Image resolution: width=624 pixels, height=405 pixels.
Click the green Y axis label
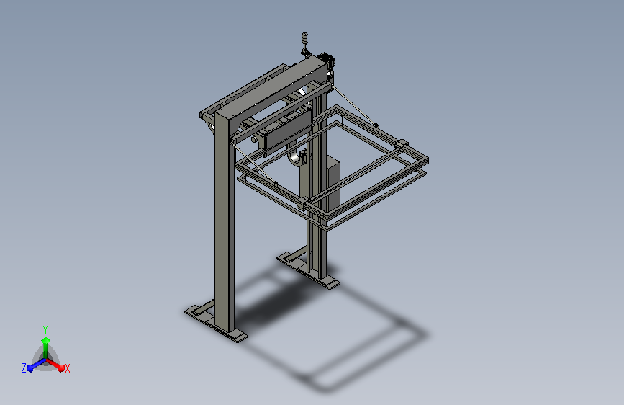click(45, 329)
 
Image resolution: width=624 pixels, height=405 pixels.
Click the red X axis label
click(67, 368)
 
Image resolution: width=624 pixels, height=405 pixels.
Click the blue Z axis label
click(24, 368)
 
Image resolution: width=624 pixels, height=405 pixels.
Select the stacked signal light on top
click(305, 38)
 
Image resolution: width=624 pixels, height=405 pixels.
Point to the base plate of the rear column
click(309, 270)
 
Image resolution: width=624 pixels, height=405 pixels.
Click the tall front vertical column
click(224, 221)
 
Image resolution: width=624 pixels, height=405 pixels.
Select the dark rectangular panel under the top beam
click(288, 132)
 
